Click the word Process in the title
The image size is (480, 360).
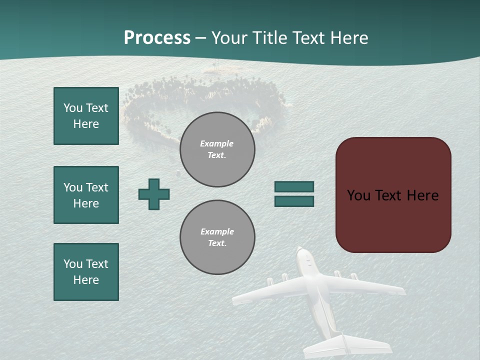[157, 37]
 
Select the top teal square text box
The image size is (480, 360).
[86, 116]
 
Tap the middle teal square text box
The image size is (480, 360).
[86, 195]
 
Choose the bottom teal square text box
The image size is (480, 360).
[86, 272]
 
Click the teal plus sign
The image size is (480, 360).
[154, 194]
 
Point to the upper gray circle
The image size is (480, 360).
[217, 149]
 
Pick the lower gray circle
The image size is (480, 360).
[217, 237]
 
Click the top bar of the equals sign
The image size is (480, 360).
[294, 186]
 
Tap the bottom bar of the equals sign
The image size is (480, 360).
[294, 201]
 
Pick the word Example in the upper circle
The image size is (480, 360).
[216, 143]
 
